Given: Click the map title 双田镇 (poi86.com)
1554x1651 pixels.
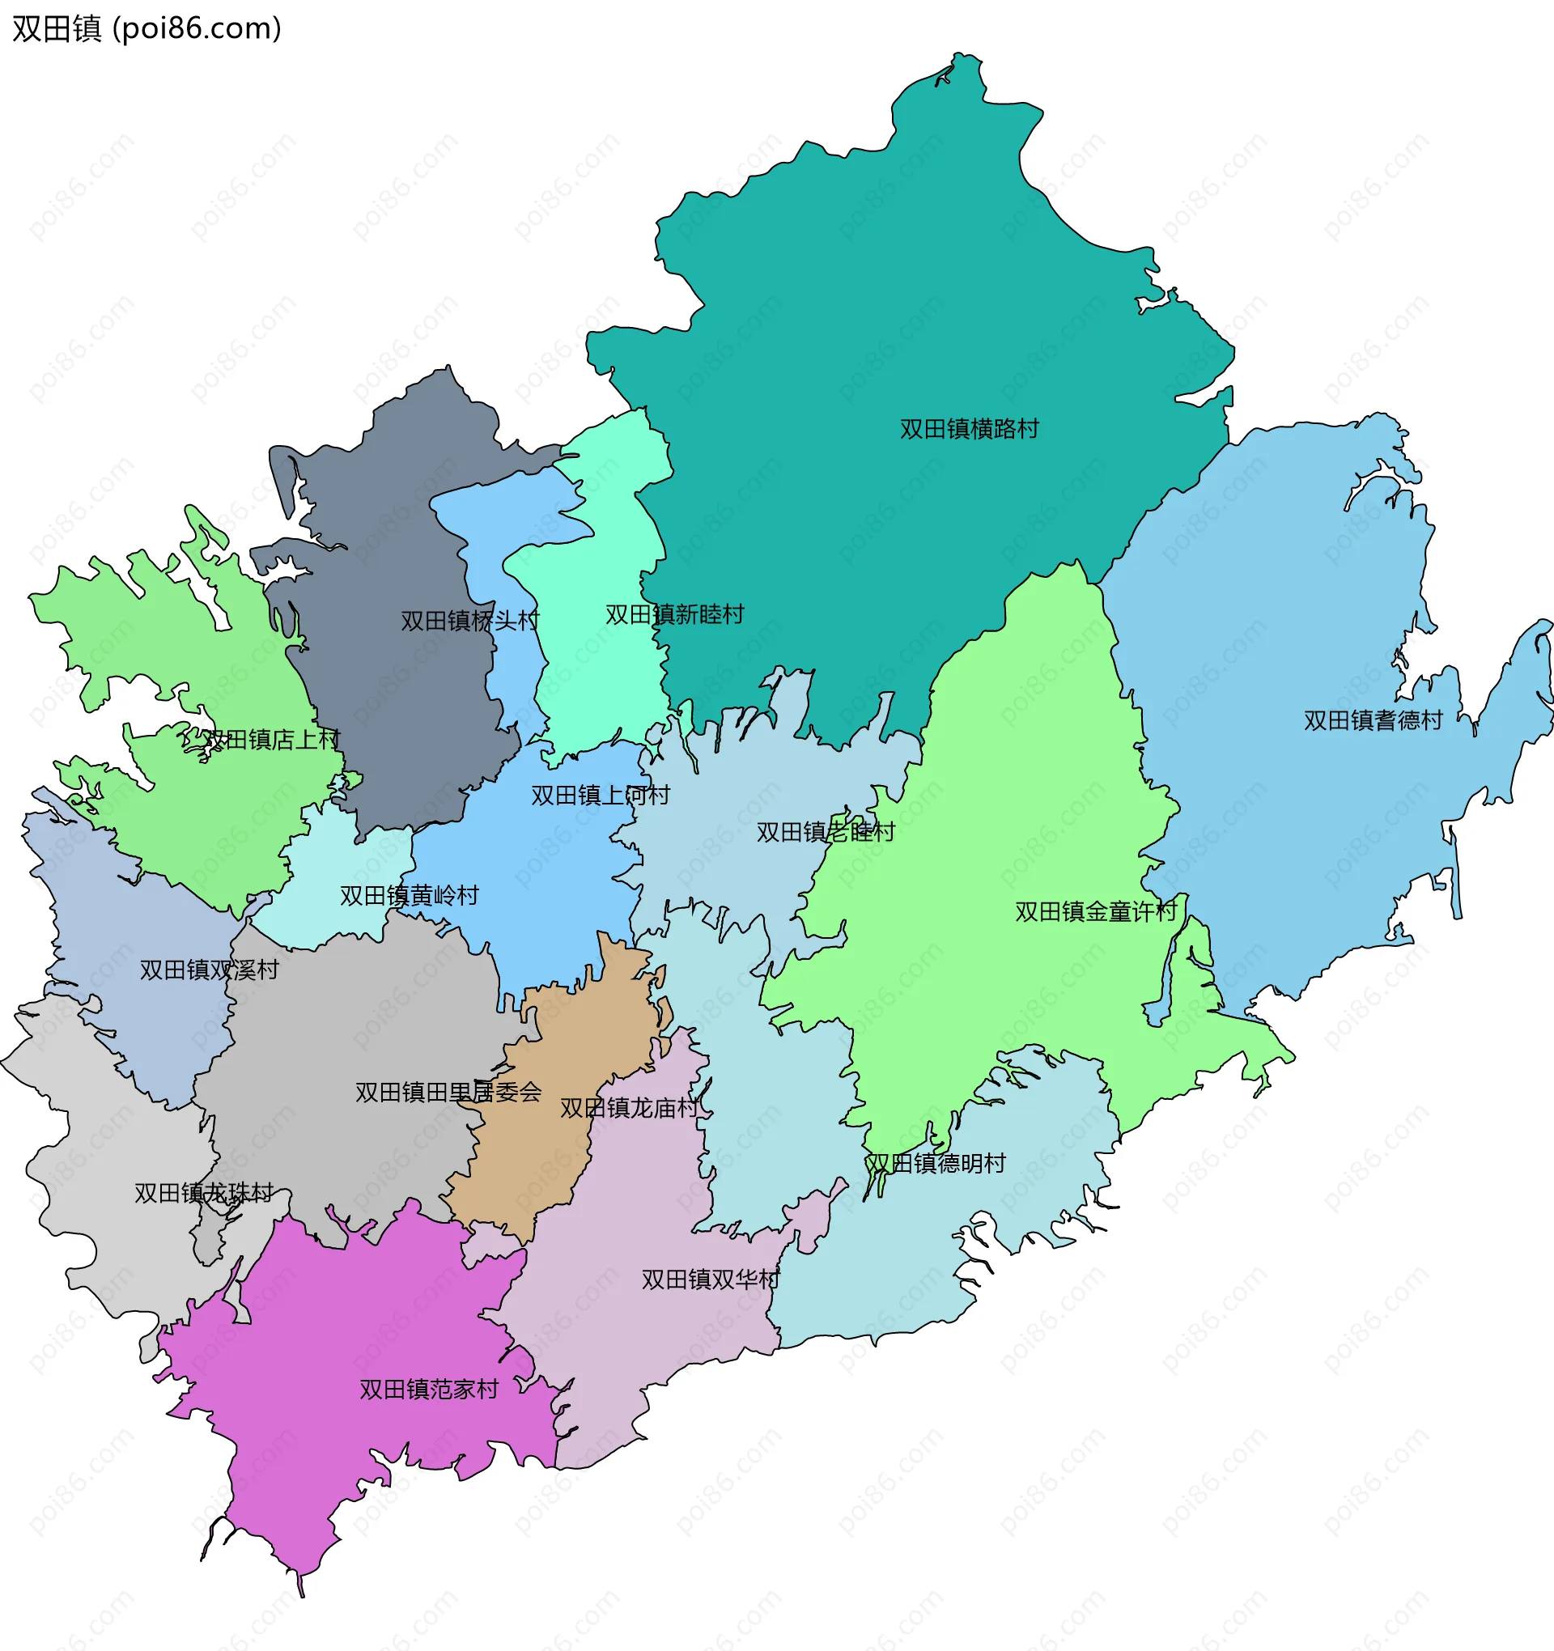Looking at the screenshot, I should click(x=147, y=28).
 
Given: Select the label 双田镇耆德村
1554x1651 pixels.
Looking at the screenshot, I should click(x=1372, y=720).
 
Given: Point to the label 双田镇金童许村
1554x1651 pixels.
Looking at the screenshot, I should click(x=1095, y=911).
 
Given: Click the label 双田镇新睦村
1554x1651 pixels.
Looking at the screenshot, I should click(x=673, y=614).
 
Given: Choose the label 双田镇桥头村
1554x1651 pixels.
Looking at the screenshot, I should click(x=469, y=621).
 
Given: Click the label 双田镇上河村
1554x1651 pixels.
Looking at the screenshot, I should click(x=600, y=795).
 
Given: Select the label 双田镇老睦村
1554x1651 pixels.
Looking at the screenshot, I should click(x=825, y=831).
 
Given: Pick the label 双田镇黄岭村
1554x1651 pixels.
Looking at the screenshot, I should click(x=409, y=895).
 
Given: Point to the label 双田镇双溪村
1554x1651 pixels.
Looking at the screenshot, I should click(x=209, y=970).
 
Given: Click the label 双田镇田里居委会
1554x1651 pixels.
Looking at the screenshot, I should click(x=448, y=1091).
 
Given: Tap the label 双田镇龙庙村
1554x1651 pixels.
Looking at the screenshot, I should click(x=629, y=1108).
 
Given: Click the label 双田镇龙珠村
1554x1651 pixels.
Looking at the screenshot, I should click(x=203, y=1193).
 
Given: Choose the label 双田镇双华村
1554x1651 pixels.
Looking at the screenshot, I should click(x=710, y=1279).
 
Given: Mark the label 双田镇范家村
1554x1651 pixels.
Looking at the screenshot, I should click(x=429, y=1389).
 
